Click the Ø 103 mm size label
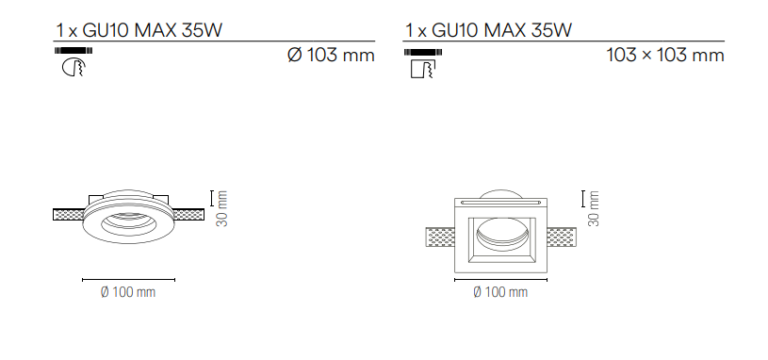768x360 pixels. pyautogui.click(x=331, y=55)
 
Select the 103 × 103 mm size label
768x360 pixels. pyautogui.click(x=665, y=55)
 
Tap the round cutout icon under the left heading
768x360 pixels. pyautogui.click(x=74, y=68)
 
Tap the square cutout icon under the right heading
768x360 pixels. pyautogui.click(x=423, y=68)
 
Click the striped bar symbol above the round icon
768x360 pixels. pyautogui.click(x=74, y=51)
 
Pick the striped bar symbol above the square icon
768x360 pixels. pyautogui.click(x=423, y=52)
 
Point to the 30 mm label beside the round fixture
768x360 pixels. pyautogui.click(x=222, y=209)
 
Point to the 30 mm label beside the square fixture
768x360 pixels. pyautogui.click(x=593, y=209)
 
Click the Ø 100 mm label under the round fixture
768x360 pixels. pyautogui.click(x=128, y=292)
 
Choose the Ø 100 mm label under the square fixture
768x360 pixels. pyautogui.click(x=500, y=292)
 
